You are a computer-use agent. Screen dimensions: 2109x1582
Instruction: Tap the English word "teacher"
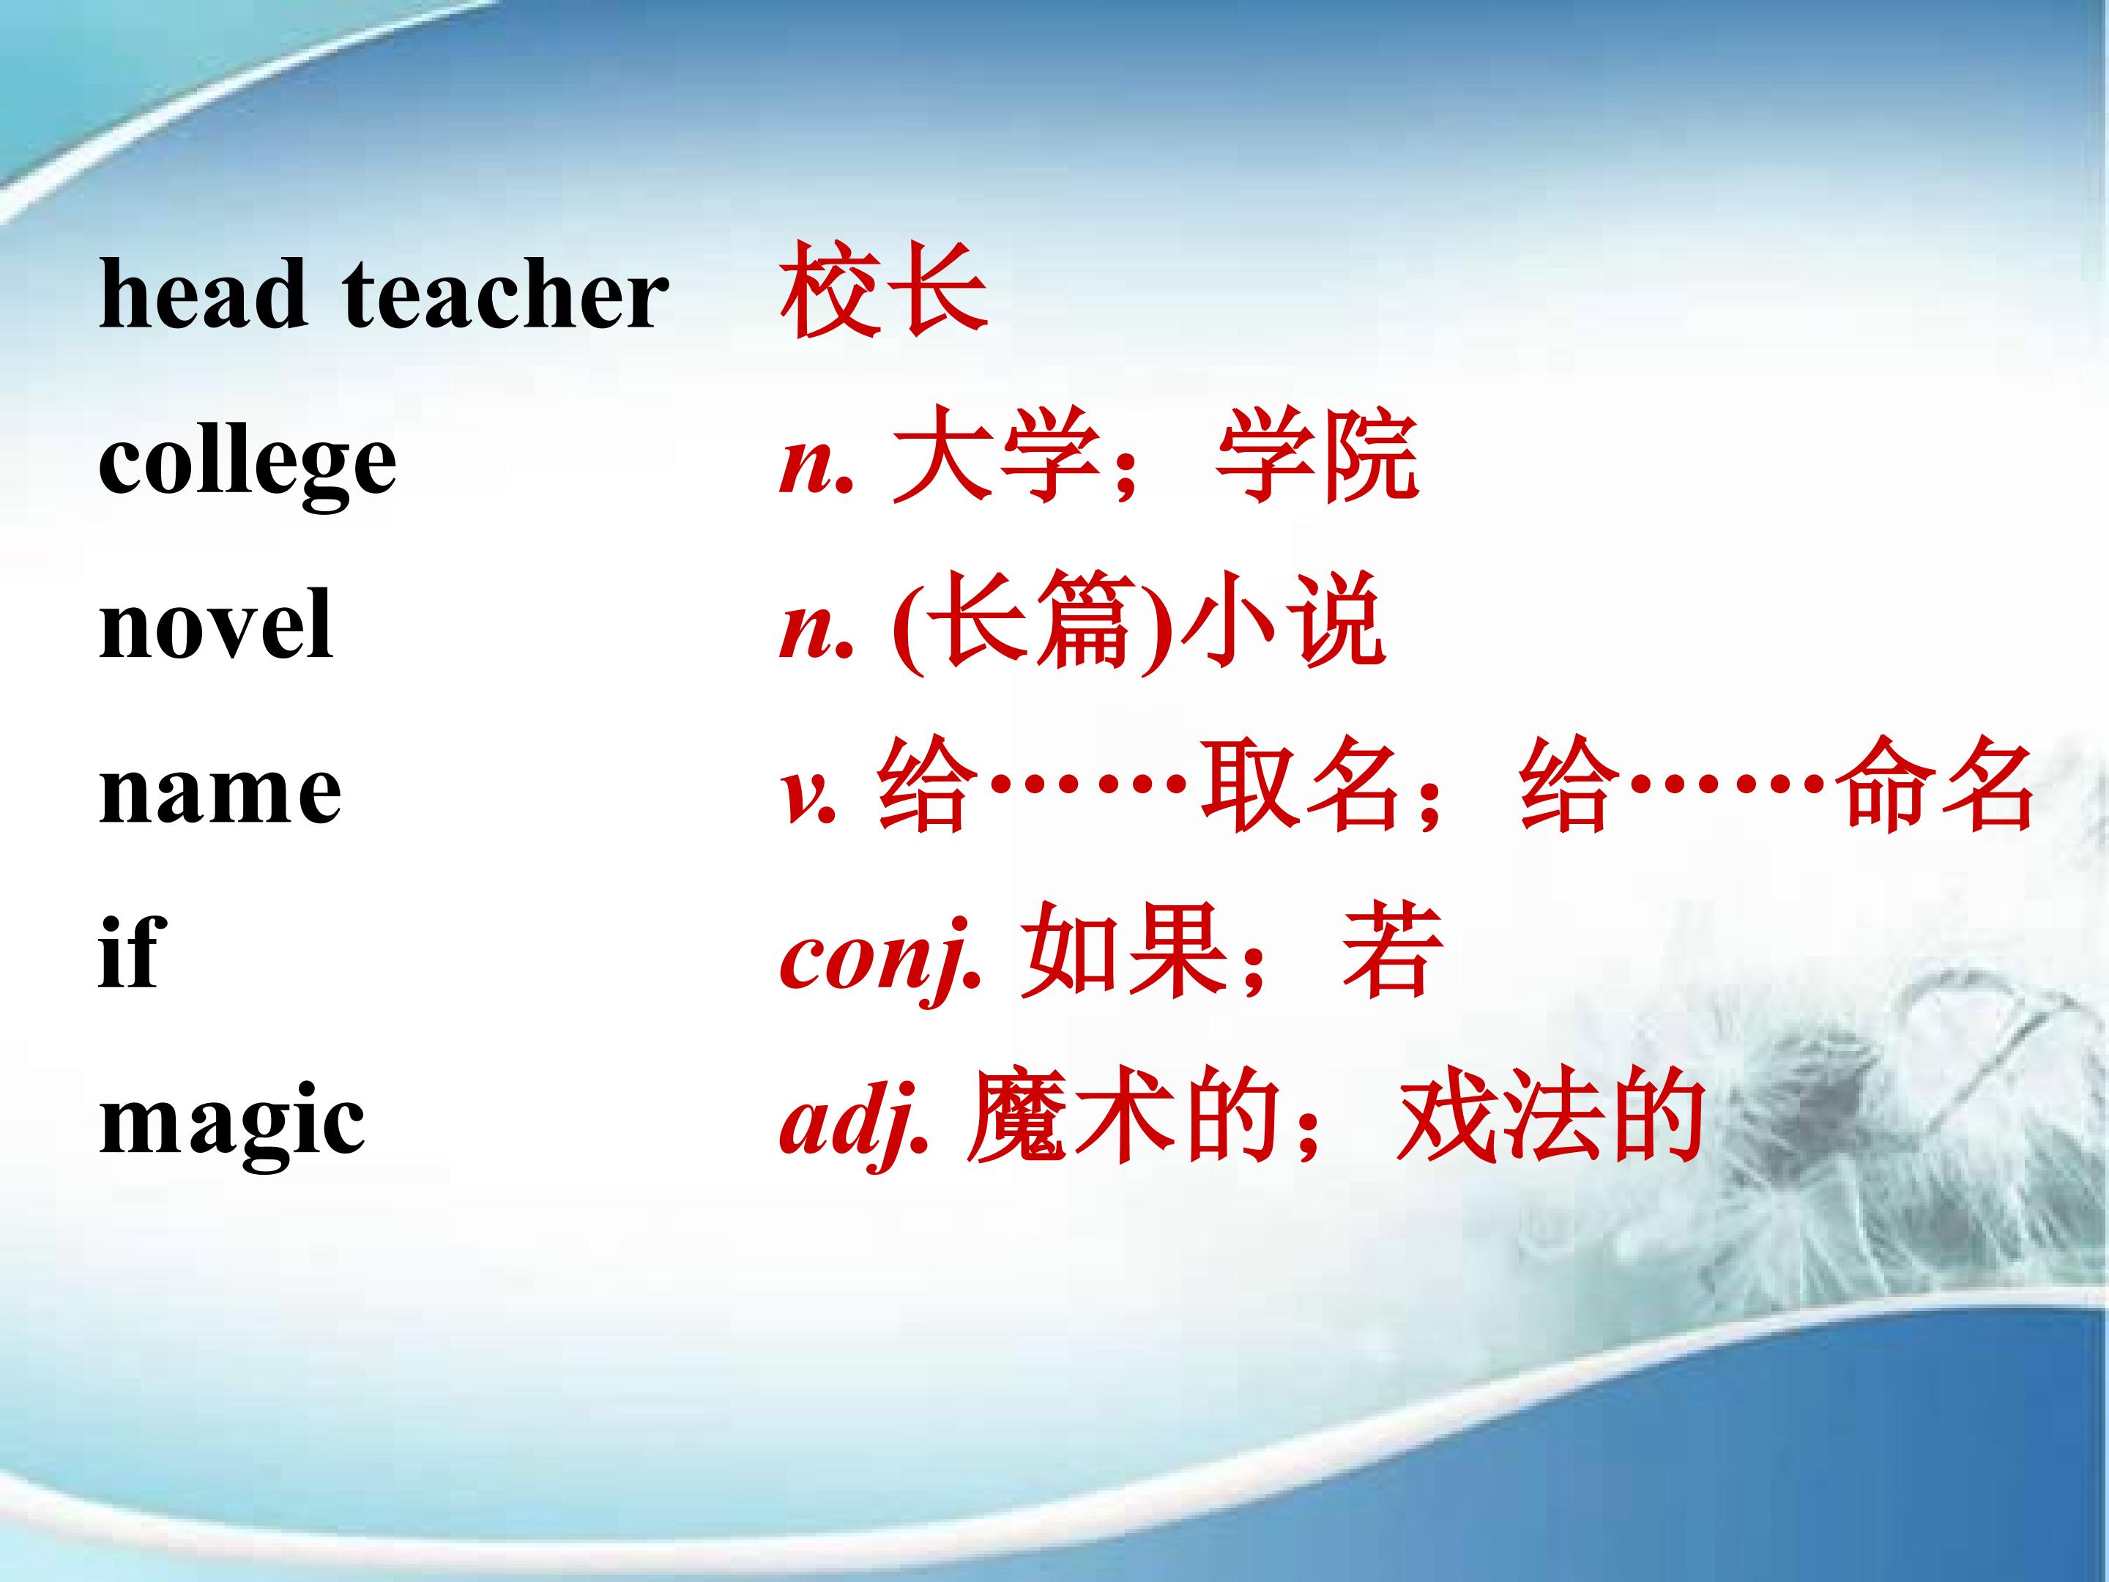tap(505, 294)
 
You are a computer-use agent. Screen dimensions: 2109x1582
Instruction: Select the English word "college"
tap(247, 464)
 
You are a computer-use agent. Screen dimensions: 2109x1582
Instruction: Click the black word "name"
tap(220, 795)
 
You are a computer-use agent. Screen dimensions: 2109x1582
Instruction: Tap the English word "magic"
tap(231, 1124)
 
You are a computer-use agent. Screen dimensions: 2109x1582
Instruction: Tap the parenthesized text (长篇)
tap(1032, 625)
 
